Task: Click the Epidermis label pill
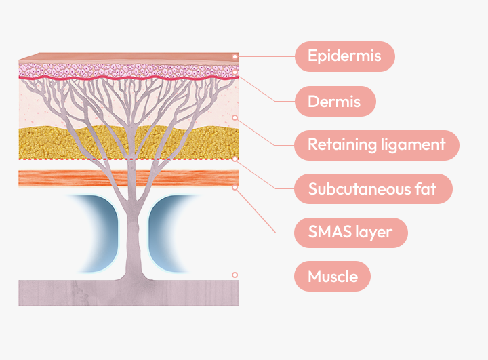pos(344,56)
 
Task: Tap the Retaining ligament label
pos(376,144)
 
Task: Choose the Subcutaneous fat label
pos(373,188)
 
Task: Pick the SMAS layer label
pos(350,232)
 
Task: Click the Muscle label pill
pos(332,276)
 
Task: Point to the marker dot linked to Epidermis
pos(235,56)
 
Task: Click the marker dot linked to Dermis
pos(235,72)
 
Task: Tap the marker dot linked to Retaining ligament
pos(235,117)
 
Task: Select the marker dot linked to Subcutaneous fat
pos(235,159)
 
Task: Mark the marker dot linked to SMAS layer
pos(235,187)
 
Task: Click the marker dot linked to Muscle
pos(235,275)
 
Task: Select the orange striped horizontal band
pos(68,178)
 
